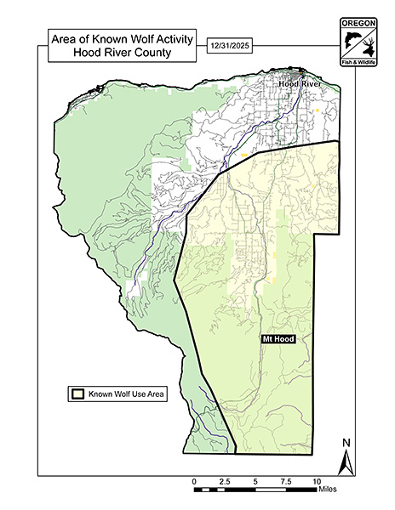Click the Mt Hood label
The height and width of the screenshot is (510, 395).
pos(278,338)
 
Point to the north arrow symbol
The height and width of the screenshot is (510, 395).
pos(346,463)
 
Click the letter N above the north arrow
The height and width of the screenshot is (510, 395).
pos(346,443)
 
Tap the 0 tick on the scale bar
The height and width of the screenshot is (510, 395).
pos(194,490)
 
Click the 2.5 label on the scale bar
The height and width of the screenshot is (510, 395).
pos(225,481)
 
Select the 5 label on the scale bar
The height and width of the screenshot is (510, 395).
pos(255,481)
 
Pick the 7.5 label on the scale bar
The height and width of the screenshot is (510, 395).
pos(285,481)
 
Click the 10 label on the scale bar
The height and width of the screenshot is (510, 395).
pos(317,481)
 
